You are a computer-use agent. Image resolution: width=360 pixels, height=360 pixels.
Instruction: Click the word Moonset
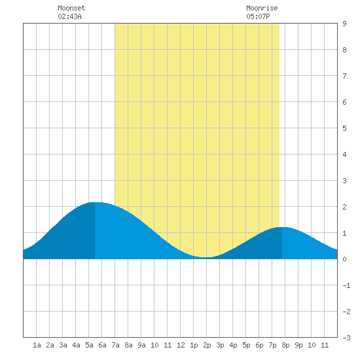(71, 8)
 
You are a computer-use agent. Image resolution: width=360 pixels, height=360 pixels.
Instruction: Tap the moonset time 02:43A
(69, 16)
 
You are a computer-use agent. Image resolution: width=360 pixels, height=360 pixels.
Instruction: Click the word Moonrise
(262, 8)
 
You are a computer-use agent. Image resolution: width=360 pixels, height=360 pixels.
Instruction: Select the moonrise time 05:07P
(258, 16)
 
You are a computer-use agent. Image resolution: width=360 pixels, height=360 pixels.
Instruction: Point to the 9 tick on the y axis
(344, 24)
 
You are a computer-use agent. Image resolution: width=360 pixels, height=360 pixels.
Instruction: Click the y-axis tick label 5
(344, 128)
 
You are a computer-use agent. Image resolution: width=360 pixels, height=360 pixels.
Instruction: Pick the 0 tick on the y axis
(344, 259)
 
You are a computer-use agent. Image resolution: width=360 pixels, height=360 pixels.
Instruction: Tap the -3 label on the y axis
(346, 338)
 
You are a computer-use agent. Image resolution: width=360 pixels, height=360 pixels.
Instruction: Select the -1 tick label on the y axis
(346, 285)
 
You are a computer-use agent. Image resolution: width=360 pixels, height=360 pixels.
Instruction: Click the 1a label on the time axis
(37, 345)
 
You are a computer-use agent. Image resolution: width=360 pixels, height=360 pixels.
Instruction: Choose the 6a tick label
(102, 345)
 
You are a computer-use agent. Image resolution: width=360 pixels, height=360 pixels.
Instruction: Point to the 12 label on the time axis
(181, 345)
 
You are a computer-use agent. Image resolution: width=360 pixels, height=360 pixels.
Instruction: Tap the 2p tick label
(207, 345)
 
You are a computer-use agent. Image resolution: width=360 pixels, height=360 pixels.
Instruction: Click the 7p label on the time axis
(272, 345)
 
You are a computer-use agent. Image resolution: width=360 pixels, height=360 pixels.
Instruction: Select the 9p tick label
(298, 345)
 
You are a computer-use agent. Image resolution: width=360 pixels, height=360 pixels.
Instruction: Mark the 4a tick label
(76, 345)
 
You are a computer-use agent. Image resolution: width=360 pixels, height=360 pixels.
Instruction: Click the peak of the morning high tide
(95, 202)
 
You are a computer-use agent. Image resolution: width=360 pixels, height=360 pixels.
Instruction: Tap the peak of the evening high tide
(282, 227)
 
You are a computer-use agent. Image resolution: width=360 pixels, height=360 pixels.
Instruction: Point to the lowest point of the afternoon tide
(206, 257)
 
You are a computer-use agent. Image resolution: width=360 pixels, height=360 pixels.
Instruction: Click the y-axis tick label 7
(344, 76)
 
